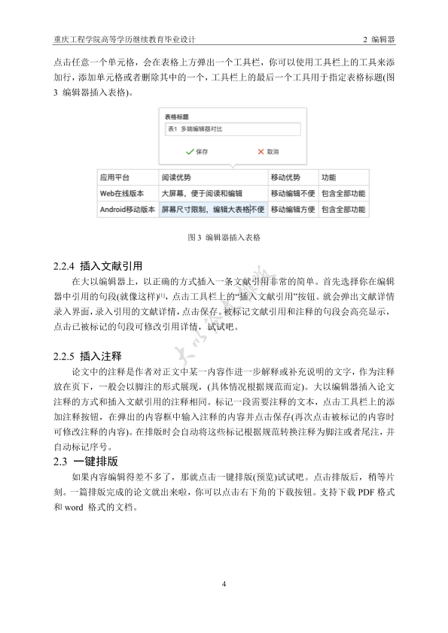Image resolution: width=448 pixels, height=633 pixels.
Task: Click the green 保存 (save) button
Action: tap(197, 151)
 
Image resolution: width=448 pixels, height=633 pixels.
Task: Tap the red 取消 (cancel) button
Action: tap(267, 151)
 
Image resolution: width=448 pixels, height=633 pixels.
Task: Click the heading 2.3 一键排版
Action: tap(87, 461)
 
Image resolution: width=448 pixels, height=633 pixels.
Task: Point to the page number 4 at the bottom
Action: tap(224, 584)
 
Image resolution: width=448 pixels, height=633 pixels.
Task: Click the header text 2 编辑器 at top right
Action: tap(379, 38)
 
